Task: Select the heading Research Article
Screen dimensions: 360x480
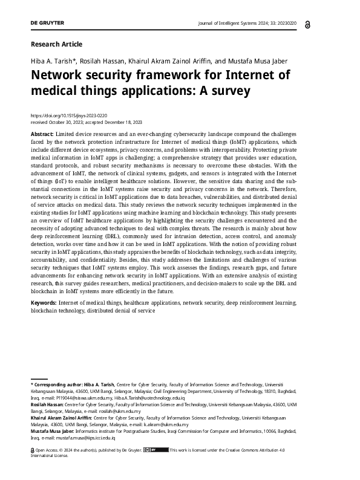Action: tap(56, 44)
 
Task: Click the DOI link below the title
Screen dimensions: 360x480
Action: tap(68, 115)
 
